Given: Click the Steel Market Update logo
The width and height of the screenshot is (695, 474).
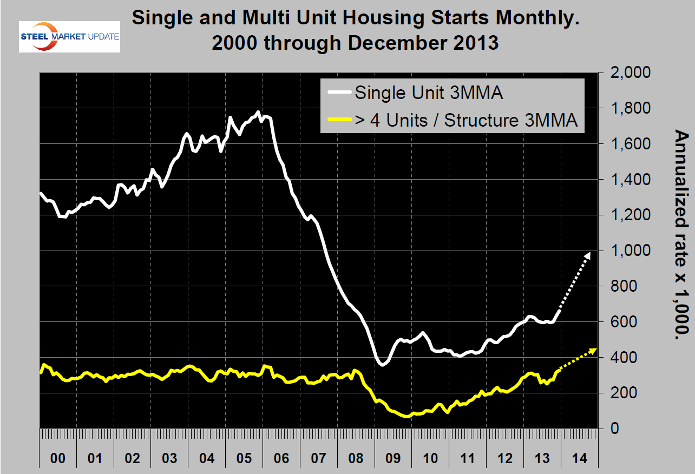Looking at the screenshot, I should click(69, 37).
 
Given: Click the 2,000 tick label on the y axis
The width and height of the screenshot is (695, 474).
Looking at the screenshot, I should click(630, 73).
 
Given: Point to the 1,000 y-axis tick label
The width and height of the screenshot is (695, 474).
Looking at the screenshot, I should click(630, 251).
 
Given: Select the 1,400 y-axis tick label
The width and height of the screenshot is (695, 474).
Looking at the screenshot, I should click(630, 180).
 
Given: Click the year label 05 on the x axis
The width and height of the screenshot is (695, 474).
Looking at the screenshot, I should click(244, 458).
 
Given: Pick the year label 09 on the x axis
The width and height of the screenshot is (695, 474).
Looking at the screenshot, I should click(392, 458).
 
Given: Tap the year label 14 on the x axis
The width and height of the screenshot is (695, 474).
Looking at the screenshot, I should click(579, 458).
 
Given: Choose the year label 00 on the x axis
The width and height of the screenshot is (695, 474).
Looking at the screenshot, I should click(58, 458).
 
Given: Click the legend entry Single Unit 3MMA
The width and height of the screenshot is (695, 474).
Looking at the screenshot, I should click(429, 93).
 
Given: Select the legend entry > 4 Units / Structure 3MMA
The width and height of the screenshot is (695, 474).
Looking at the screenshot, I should click(466, 120).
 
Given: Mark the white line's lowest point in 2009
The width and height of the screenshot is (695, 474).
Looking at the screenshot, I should click(382, 365).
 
